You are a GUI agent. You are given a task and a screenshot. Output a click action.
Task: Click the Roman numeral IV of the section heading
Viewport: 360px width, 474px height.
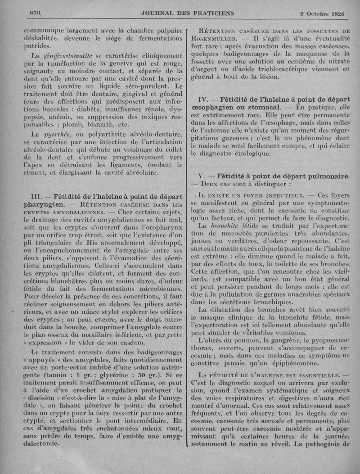pyautogui.click(x=203, y=99)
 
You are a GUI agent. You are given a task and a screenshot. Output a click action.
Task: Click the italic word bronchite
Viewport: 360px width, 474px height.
pyautogui.click(x=220, y=225)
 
